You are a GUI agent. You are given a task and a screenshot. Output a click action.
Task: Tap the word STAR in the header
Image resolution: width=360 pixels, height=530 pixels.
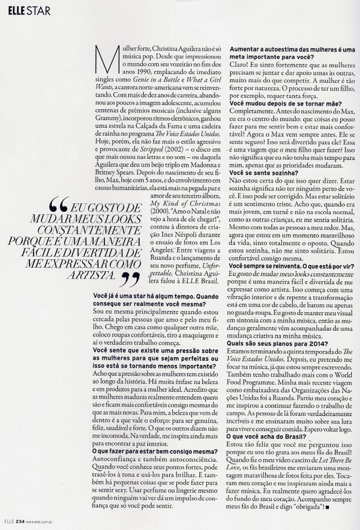pyautogui.click(x=38, y=8)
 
